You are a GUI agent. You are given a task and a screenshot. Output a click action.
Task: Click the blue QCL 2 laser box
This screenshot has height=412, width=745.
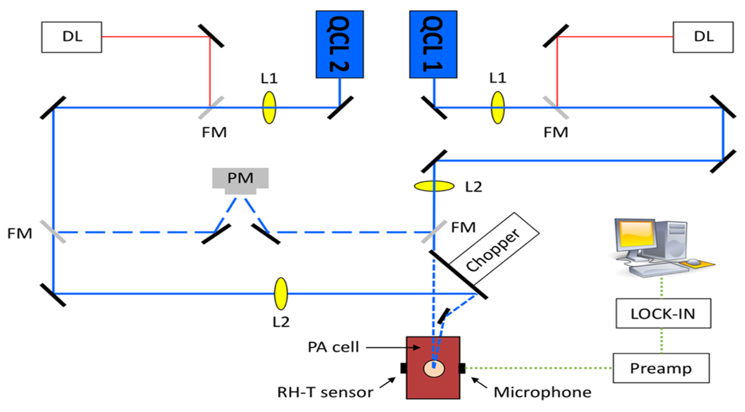pos(340,44)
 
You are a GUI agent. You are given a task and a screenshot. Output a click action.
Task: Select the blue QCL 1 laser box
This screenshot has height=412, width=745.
pos(433,44)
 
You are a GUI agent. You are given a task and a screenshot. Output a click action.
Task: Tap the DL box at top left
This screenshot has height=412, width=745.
pos(72,37)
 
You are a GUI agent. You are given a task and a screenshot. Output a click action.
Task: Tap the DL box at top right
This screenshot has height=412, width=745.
pos(703,37)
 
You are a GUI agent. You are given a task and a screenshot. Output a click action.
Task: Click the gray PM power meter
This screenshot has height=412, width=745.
pos(240,178)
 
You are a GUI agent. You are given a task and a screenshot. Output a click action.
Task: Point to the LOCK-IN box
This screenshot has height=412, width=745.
pos(663,313)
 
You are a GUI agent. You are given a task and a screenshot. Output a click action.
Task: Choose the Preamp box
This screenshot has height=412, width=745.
pos(661,368)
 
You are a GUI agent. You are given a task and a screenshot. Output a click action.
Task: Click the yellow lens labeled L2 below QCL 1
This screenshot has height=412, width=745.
pos(434,186)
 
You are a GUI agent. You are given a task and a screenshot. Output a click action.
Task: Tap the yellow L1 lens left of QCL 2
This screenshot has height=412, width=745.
pos(269,108)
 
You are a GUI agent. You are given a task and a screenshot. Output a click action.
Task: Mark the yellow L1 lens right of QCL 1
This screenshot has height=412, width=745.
pos(497,108)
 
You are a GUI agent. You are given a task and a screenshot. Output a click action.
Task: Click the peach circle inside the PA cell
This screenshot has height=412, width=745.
pos(434,369)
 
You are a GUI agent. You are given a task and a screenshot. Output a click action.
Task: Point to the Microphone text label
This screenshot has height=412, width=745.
pos(542,392)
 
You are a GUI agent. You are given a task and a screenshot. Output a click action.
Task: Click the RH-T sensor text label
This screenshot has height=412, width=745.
pos(325,392)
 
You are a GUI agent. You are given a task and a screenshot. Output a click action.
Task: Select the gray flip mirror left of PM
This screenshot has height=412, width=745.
pos(53,232)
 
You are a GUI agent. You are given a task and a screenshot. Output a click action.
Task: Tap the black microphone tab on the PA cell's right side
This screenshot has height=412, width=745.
pos(462,368)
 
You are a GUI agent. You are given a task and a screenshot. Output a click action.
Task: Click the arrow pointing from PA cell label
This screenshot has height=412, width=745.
pos(393,347)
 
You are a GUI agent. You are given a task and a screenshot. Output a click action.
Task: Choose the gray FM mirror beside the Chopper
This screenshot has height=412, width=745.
pos(434,232)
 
